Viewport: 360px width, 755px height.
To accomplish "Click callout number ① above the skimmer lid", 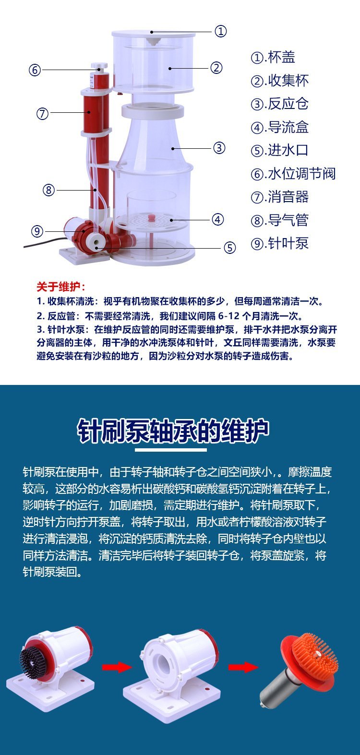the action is click(220, 31).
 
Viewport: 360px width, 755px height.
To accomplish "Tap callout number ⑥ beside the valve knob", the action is click(35, 70).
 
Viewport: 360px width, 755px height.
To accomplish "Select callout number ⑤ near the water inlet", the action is click(229, 248).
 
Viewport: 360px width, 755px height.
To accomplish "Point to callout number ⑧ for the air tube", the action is click(48, 190).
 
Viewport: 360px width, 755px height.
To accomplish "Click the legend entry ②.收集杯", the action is click(279, 81).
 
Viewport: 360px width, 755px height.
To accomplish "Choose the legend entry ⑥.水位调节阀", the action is click(293, 174).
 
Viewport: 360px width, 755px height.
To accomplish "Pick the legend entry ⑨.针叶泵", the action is click(279, 243).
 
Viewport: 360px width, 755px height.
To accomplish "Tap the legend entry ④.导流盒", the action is click(279, 127).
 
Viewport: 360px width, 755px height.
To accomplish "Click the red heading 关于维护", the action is click(61, 287).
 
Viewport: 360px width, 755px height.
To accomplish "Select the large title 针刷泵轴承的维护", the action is click(173, 431).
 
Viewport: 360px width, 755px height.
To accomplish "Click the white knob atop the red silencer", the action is click(99, 66).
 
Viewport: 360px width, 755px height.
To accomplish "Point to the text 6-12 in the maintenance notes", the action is click(229, 316).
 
